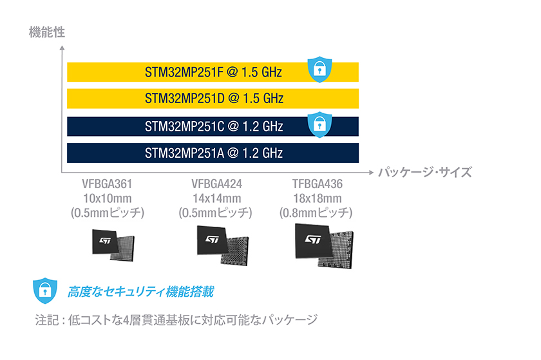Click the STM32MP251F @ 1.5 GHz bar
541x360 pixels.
tap(213, 72)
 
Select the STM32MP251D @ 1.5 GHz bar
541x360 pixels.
tap(213, 99)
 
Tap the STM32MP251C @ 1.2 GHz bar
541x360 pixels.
tap(213, 126)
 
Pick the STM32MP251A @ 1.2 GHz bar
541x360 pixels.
tap(213, 153)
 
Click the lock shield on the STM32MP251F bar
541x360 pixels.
tap(320, 70)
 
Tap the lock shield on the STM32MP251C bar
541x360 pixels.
tap(320, 124)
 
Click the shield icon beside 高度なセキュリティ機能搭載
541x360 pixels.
tap(45, 290)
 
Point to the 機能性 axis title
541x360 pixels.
tap(47, 32)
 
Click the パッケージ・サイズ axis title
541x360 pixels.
tap(425, 172)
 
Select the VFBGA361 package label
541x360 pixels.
tap(107, 184)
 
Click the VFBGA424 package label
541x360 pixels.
tap(216, 184)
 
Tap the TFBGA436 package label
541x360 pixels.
tap(318, 184)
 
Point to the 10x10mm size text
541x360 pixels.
tap(108, 198)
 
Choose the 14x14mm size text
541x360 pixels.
tap(216, 198)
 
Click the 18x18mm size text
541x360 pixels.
tap(318, 198)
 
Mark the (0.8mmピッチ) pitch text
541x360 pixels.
tap(316, 213)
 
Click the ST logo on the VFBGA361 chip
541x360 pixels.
tap(105, 240)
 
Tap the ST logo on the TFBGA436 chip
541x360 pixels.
tap(313, 239)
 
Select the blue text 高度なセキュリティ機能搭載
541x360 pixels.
tap(141, 292)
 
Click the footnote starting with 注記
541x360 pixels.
tap(176, 320)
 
